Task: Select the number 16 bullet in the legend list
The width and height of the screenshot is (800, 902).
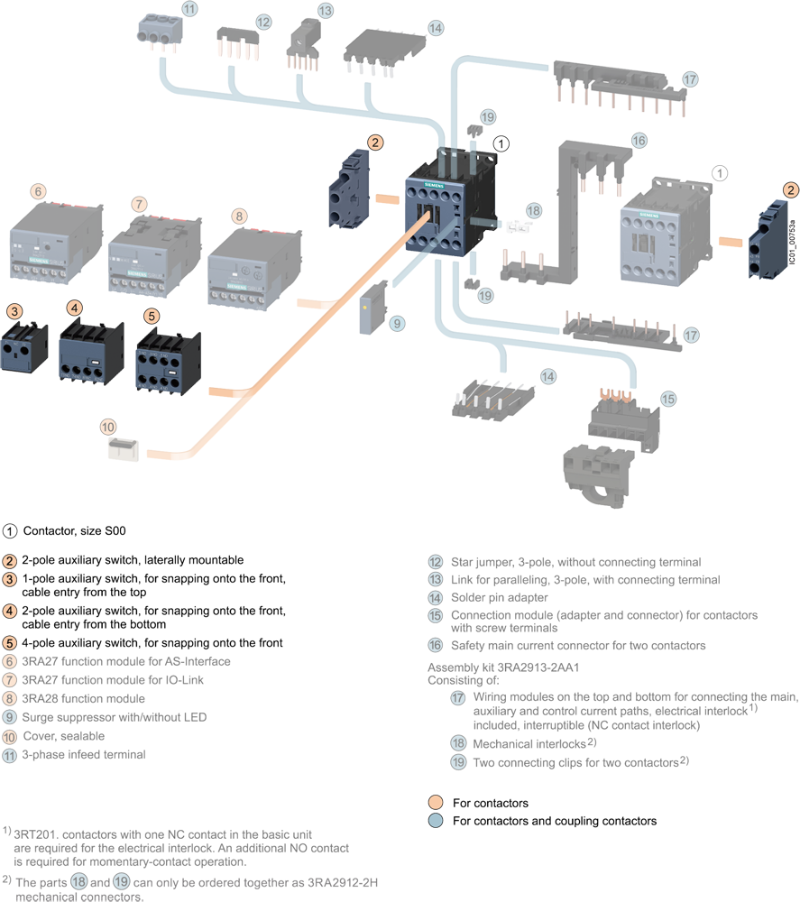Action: (436, 645)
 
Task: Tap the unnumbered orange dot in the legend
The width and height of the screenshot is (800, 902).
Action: (436, 801)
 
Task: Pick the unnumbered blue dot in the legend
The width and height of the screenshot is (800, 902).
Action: (436, 821)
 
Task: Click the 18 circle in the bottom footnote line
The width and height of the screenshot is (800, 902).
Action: (79, 881)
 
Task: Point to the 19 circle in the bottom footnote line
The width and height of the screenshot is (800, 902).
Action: (122, 881)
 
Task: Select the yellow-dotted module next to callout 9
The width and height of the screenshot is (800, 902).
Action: (370, 308)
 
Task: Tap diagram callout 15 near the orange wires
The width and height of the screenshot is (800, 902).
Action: (667, 398)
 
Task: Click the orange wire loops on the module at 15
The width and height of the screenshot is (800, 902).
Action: (616, 394)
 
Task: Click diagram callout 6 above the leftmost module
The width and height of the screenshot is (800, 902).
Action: (37, 191)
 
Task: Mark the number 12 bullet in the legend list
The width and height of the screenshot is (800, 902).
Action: (436, 561)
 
